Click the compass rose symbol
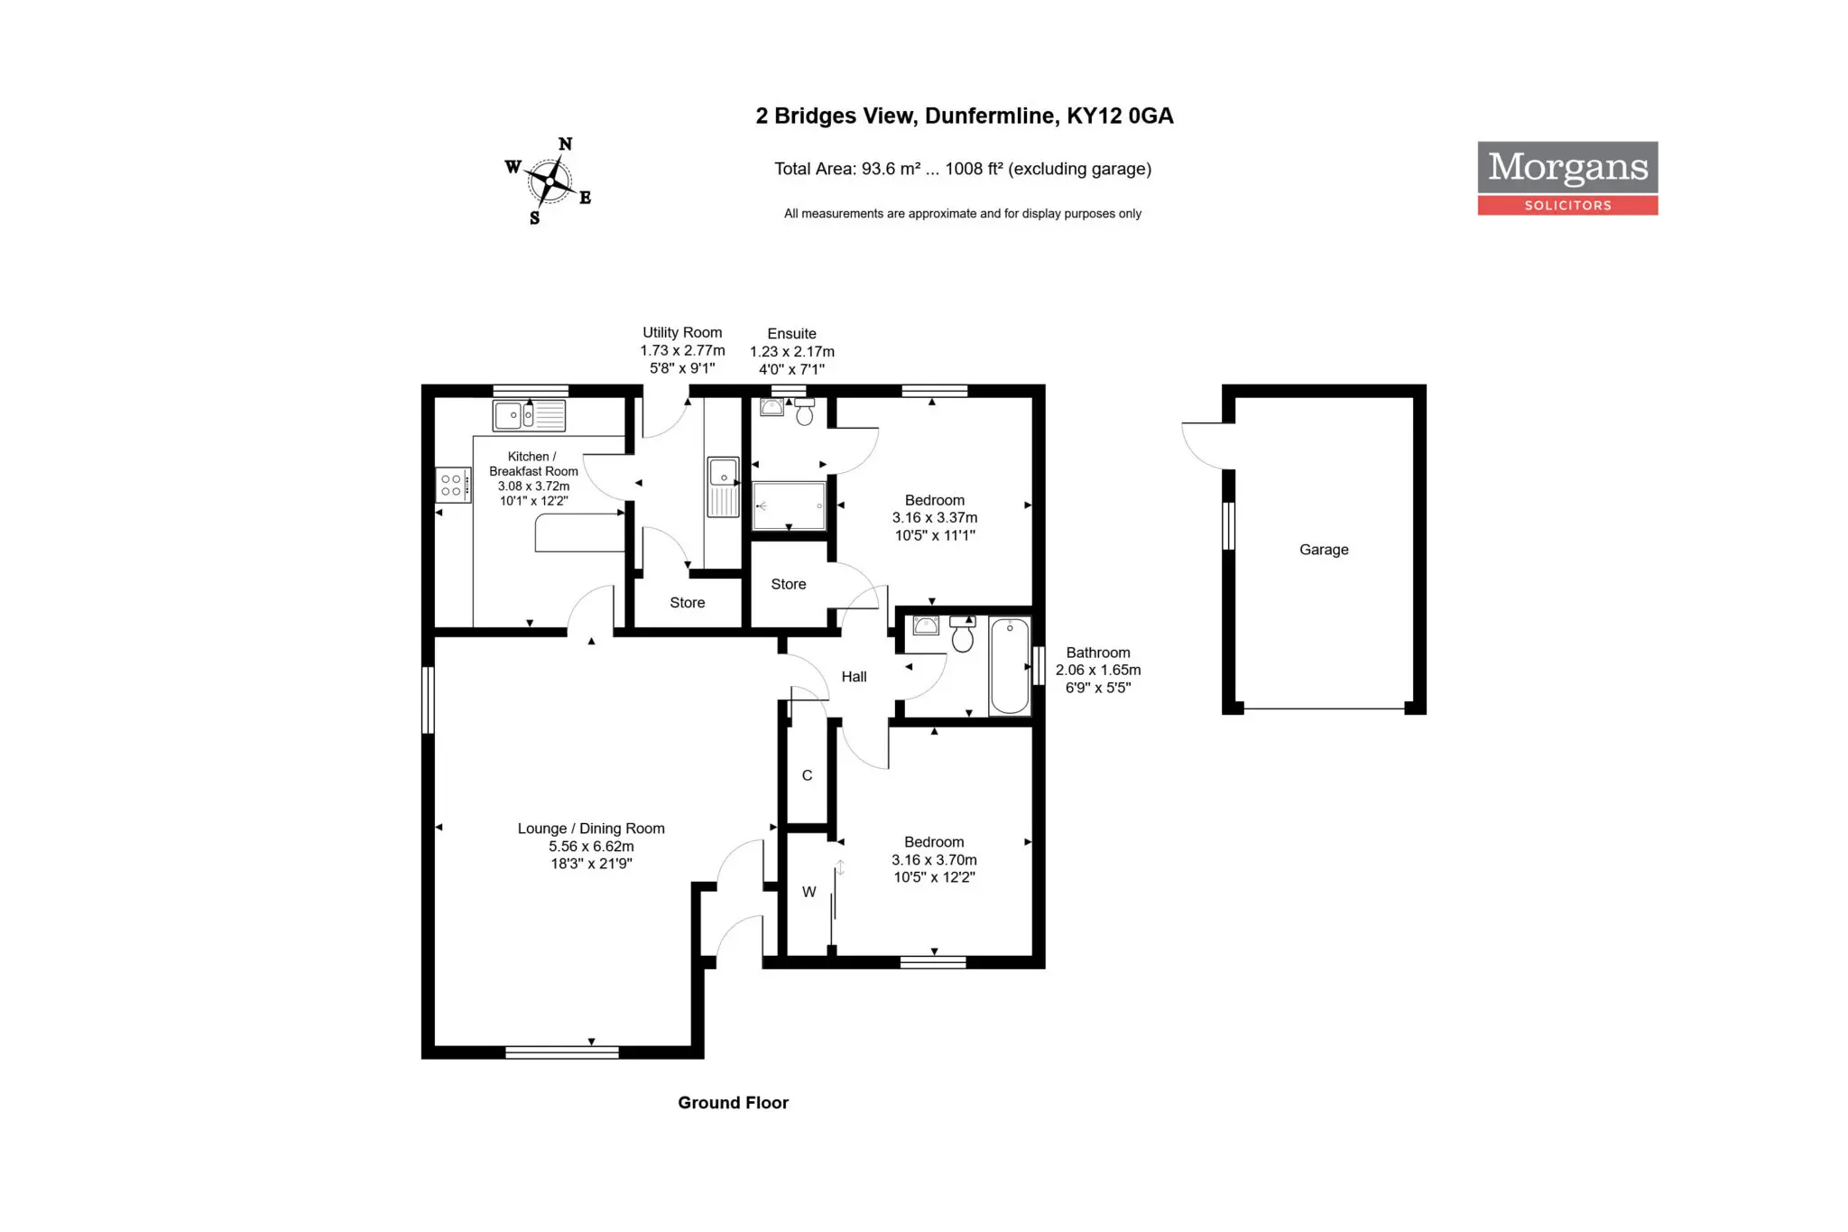pos(549,181)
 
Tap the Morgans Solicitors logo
pos(1567,178)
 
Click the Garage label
pos(1324,550)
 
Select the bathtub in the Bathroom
pos(1010,666)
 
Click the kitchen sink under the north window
pos(529,415)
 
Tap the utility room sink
pos(723,486)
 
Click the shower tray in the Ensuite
pos(789,505)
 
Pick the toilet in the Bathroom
pos(963,635)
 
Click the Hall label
pos(854,677)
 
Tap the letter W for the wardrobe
pos(809,892)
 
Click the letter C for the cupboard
pos(808,775)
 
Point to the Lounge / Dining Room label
pos(591,829)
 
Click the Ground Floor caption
pos(733,1103)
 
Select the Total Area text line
pos(963,169)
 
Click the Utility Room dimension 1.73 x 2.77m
pos(682,350)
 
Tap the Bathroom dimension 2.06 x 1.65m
pos(1098,670)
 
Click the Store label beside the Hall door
pos(789,584)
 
